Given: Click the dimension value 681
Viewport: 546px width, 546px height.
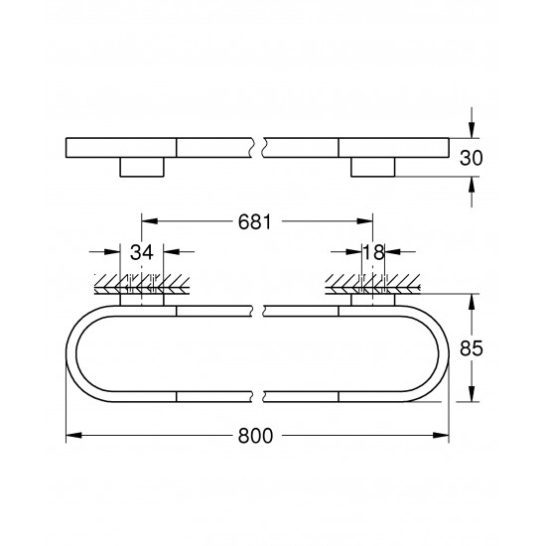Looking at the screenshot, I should (x=255, y=223).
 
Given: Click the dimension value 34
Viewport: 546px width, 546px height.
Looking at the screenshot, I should (x=142, y=254).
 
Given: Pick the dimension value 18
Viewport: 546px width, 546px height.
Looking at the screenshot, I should (x=374, y=254).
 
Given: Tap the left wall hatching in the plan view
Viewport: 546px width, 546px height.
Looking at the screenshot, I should (x=140, y=286).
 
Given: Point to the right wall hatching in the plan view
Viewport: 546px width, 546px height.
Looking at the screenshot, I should (x=374, y=286).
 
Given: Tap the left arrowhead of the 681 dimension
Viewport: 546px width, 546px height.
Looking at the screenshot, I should (x=147, y=222).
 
